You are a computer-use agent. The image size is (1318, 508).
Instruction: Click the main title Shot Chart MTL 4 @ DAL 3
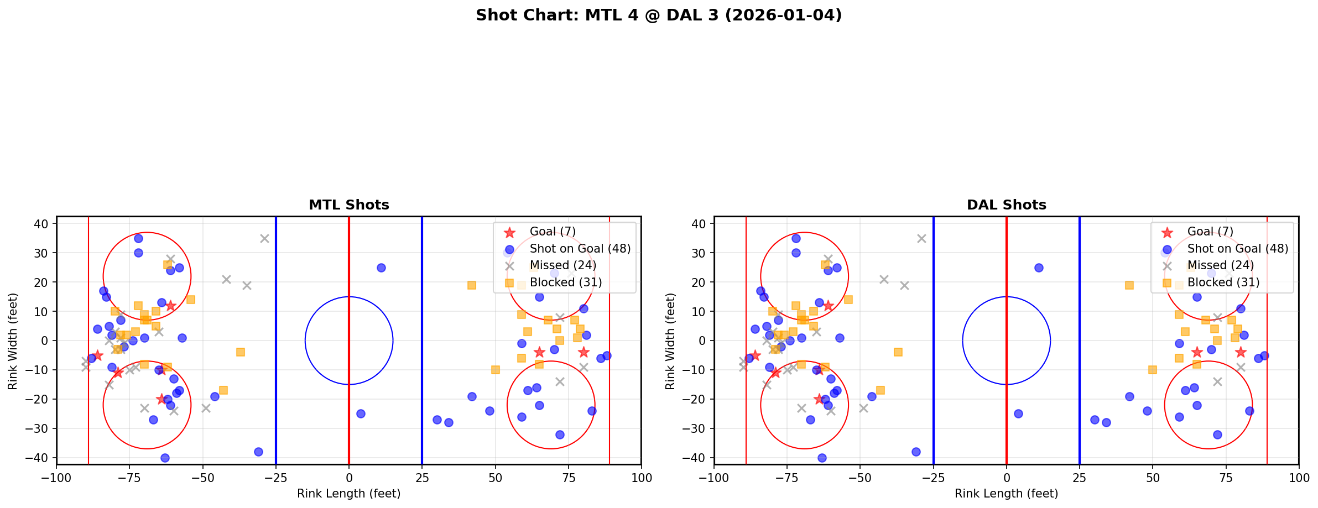tap(658, 15)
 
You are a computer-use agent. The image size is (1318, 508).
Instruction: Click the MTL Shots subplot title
tap(348, 205)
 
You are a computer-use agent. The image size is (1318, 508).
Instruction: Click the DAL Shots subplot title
tap(1006, 205)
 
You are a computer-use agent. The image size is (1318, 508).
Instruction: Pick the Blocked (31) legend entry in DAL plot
tap(1223, 282)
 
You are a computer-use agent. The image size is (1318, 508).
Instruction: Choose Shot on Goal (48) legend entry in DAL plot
tap(1237, 249)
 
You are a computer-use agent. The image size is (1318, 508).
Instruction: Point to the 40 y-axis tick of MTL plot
tap(44, 224)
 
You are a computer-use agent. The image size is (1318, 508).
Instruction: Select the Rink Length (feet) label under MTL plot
tap(348, 494)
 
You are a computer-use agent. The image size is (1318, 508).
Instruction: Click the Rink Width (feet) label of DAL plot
tap(670, 341)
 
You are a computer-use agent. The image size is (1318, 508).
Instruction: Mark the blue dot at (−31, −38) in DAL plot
tap(916, 452)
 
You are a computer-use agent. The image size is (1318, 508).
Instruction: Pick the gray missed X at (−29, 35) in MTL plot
tap(264, 238)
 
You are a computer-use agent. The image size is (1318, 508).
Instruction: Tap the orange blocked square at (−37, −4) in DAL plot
tap(898, 352)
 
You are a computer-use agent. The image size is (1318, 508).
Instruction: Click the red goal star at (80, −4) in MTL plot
tap(583, 352)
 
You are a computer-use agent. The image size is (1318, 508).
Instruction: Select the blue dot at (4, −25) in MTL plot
tap(361, 413)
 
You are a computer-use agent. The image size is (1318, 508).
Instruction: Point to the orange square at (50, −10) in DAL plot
tap(1153, 370)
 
